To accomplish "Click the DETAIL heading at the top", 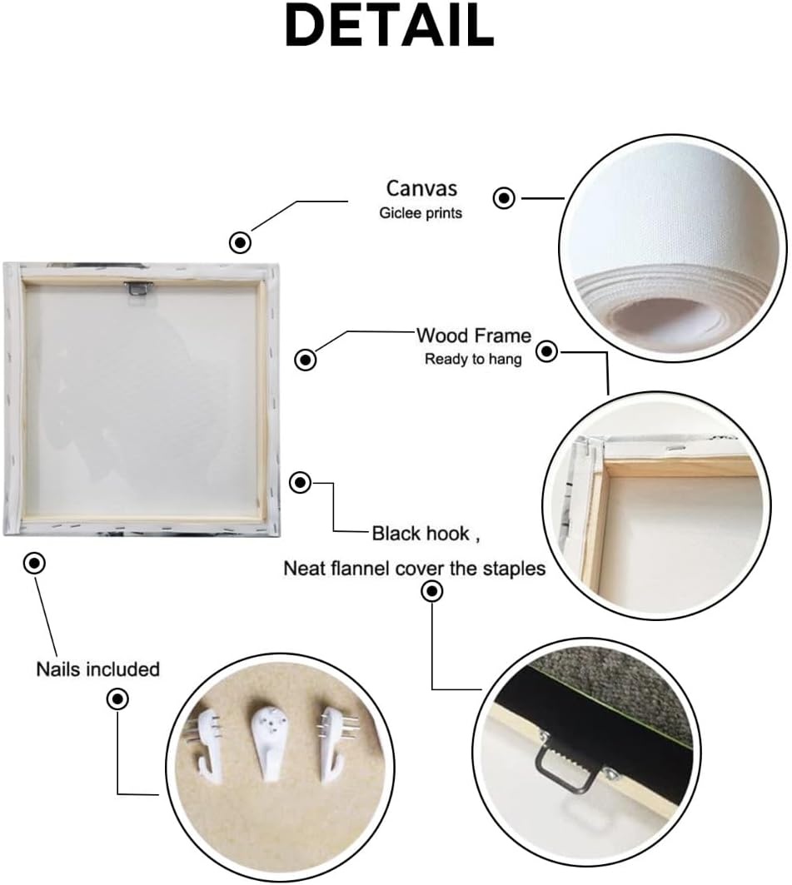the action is (390, 26).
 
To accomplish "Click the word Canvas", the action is (421, 188).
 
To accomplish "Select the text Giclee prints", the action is (421, 213).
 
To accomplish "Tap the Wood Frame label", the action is (474, 336).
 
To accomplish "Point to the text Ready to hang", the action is (473, 359).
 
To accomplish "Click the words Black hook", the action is (421, 533).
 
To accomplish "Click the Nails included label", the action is (97, 669).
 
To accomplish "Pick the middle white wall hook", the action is (270, 740).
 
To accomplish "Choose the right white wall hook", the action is (334, 743).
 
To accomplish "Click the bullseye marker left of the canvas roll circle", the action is (504, 198).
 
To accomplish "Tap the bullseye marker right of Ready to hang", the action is (546, 351).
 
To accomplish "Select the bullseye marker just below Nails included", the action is (117, 699).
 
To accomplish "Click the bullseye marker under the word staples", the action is (432, 591).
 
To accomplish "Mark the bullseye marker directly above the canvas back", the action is (241, 243).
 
